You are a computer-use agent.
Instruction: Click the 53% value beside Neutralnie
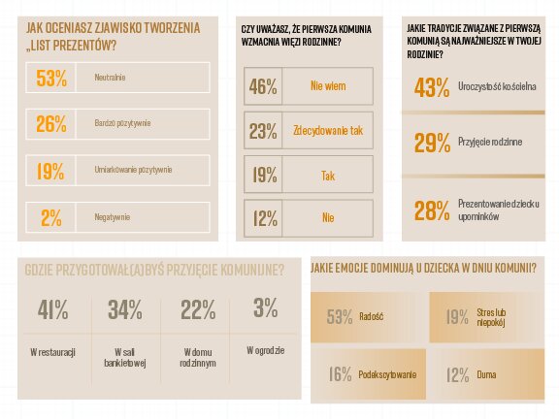pos(50,79)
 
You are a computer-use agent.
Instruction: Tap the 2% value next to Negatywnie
pos(50,218)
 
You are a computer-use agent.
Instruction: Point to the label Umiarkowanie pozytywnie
pos(133,171)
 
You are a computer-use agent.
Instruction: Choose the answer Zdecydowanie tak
pos(328,131)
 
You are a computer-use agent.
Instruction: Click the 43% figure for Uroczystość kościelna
pos(432,88)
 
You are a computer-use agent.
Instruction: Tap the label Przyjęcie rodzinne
pos(490,143)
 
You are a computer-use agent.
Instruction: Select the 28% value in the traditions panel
pos(432,209)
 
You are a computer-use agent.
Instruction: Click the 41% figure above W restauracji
pos(52,309)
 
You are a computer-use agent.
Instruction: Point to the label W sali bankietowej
pos(124,356)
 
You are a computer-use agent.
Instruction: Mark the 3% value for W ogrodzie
pos(264,308)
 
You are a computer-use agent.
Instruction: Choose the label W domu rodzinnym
pos(197,356)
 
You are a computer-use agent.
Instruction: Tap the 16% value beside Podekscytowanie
pos(340,374)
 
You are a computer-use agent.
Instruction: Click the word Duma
pos(485,374)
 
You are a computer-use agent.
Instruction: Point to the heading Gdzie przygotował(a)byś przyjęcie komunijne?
pos(154,269)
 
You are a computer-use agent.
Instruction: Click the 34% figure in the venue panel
pos(124,309)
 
